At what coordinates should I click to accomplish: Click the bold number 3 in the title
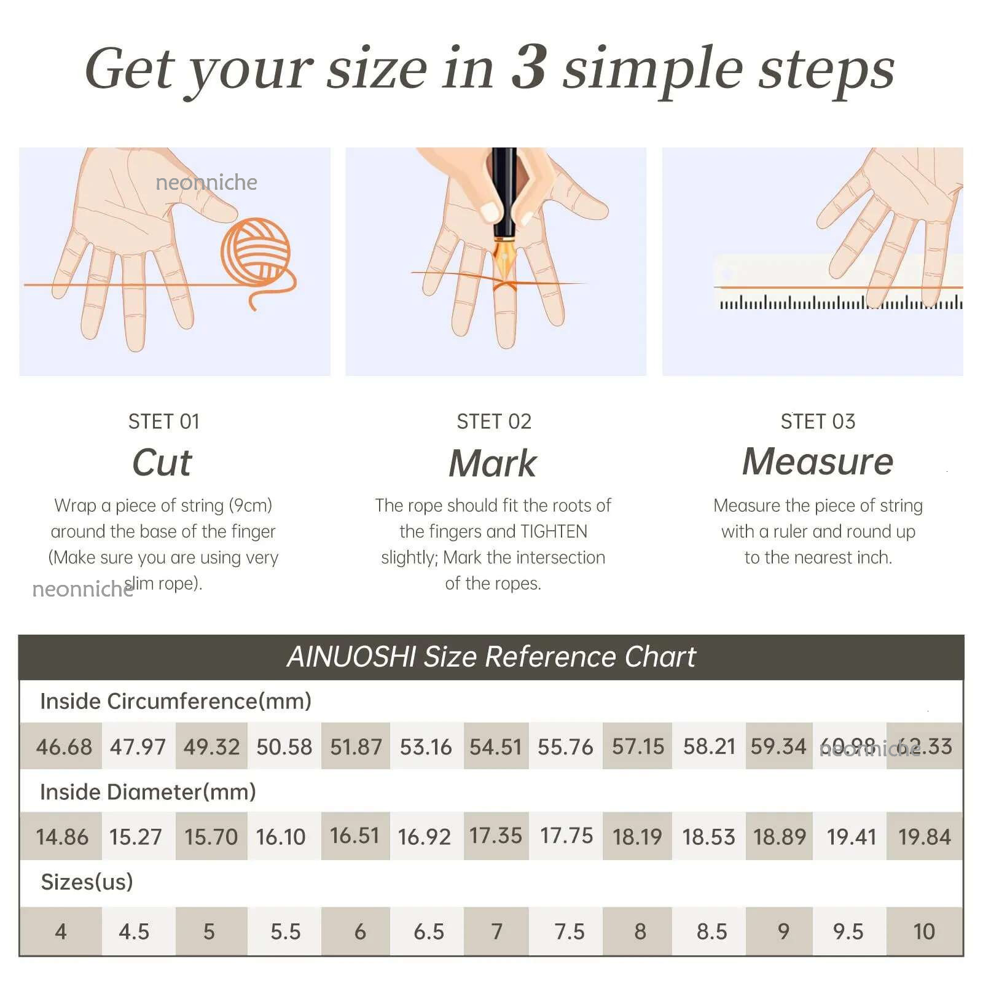click(x=528, y=68)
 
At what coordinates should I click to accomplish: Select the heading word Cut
click(x=162, y=462)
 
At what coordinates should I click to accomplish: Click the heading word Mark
click(x=493, y=463)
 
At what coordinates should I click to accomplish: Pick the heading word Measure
click(x=818, y=461)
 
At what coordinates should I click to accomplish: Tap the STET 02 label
click(x=494, y=421)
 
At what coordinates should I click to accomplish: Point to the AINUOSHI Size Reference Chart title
click(x=491, y=657)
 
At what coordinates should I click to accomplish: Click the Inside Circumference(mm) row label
click(x=176, y=702)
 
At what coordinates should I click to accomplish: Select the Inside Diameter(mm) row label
click(x=148, y=792)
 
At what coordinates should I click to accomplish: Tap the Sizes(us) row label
click(x=87, y=882)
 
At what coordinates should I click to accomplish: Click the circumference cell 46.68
click(x=64, y=747)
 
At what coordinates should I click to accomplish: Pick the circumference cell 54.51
click(x=496, y=747)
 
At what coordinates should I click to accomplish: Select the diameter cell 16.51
click(x=354, y=836)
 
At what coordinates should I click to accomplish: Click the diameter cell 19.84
click(x=925, y=837)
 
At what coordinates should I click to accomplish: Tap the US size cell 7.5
click(x=570, y=932)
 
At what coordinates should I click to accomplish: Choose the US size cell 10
click(x=924, y=932)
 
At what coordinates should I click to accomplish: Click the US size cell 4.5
click(x=134, y=932)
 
